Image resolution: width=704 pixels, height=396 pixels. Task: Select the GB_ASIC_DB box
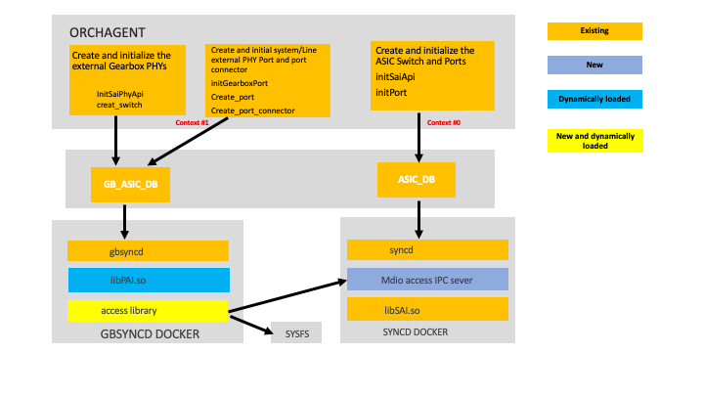[x=124, y=183]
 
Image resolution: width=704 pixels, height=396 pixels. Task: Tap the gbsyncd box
[x=148, y=251]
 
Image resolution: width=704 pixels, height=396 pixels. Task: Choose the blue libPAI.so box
[x=148, y=281]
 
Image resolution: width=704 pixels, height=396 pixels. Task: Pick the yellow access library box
[x=148, y=312]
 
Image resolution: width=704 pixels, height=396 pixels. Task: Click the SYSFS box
[x=295, y=332]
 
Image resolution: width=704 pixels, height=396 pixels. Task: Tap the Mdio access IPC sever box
[x=427, y=280]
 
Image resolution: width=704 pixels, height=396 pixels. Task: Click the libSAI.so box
[x=427, y=309]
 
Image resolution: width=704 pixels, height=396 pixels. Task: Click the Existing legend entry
[x=594, y=30]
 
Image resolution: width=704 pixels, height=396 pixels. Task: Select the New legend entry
[x=594, y=66]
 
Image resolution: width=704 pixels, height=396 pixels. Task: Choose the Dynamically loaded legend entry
[x=594, y=99]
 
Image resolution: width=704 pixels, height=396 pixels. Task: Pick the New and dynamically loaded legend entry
[x=594, y=140]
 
